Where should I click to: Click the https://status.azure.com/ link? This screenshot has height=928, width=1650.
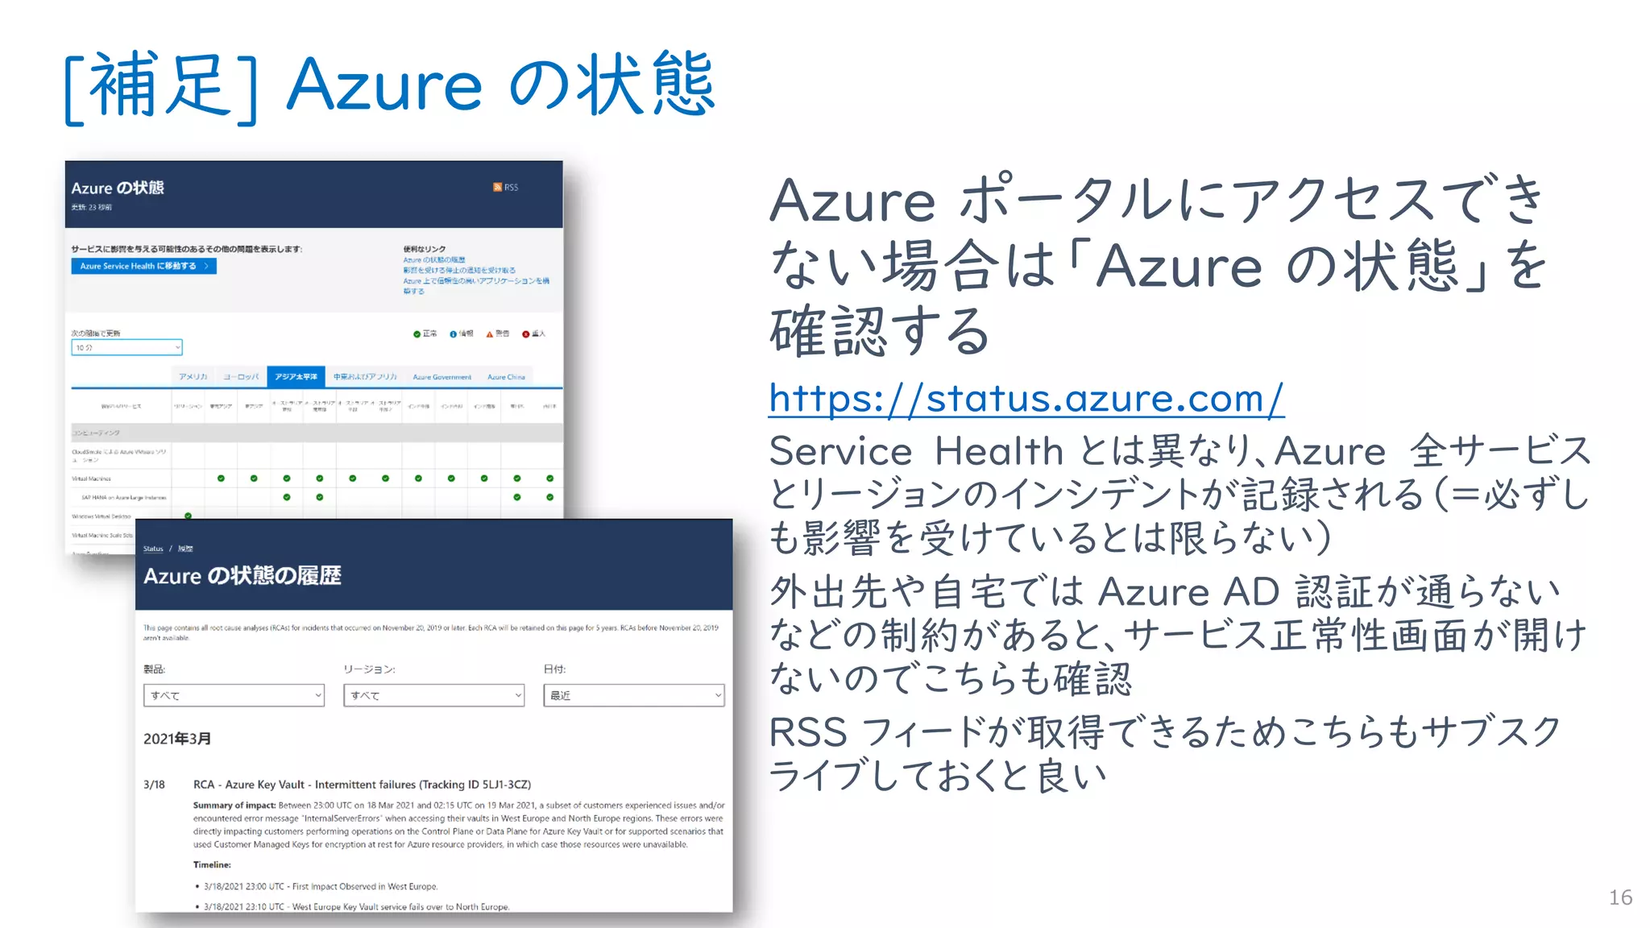pyautogui.click(x=1026, y=399)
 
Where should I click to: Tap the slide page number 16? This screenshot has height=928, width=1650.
pyautogui.click(x=1620, y=897)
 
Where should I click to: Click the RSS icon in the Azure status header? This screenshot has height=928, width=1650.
pyautogui.click(x=498, y=188)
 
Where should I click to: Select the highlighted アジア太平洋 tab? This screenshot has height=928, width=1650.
pyautogui.click(x=296, y=376)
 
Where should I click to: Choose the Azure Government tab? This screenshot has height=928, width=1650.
pyautogui.click(x=442, y=377)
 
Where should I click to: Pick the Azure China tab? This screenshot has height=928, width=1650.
pyautogui.click(x=506, y=377)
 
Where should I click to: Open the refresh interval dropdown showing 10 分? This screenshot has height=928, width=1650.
pyautogui.click(x=127, y=347)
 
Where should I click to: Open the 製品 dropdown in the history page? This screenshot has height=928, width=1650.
pyautogui.click(x=234, y=695)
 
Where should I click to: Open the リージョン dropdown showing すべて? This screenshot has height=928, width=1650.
pyautogui.click(x=433, y=695)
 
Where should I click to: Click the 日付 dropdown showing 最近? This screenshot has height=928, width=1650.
pyautogui.click(x=634, y=695)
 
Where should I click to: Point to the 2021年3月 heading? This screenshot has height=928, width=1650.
pyautogui.click(x=177, y=739)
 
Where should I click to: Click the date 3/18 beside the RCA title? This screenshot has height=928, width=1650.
pyautogui.click(x=154, y=785)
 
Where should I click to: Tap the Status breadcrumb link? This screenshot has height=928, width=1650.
pyautogui.click(x=153, y=549)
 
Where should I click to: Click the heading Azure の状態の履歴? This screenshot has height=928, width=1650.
pyautogui.click(x=243, y=576)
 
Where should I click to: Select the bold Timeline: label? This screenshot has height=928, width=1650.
pyautogui.click(x=212, y=864)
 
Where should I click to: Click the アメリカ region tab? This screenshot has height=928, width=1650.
pyautogui.click(x=193, y=377)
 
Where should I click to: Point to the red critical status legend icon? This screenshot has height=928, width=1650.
pyautogui.click(x=526, y=333)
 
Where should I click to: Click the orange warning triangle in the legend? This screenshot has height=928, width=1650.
pyautogui.click(x=490, y=333)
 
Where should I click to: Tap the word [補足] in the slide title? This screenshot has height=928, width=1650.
pyautogui.click(x=161, y=85)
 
